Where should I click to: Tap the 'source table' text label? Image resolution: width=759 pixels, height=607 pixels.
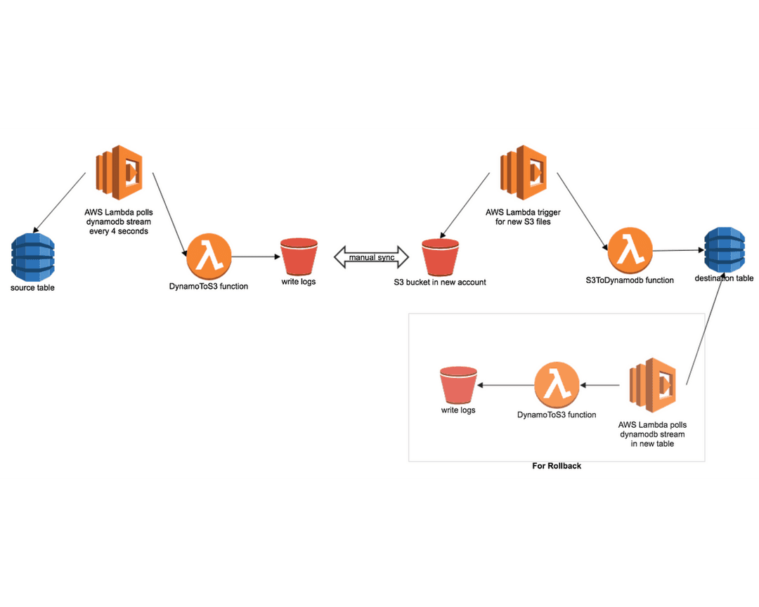click(32, 288)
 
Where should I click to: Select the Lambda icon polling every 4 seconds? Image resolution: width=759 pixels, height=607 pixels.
click(118, 173)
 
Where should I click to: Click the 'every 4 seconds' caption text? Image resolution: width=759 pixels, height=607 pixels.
click(119, 231)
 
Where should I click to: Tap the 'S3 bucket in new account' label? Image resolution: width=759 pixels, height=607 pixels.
click(440, 282)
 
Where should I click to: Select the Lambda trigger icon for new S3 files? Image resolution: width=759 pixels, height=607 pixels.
click(523, 173)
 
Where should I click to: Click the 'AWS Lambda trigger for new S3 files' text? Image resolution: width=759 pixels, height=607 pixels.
click(523, 216)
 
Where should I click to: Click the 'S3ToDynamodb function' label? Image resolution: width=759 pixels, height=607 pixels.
click(630, 280)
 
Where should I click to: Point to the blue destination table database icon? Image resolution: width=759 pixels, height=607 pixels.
click(725, 249)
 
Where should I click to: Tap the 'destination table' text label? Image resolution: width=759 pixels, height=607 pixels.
click(724, 278)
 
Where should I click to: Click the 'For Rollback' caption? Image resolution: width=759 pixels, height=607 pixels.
click(557, 466)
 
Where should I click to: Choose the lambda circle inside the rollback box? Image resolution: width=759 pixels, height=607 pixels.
click(557, 386)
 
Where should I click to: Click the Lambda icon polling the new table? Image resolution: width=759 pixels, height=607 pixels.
click(652, 386)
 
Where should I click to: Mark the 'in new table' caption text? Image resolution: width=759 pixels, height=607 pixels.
click(652, 443)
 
